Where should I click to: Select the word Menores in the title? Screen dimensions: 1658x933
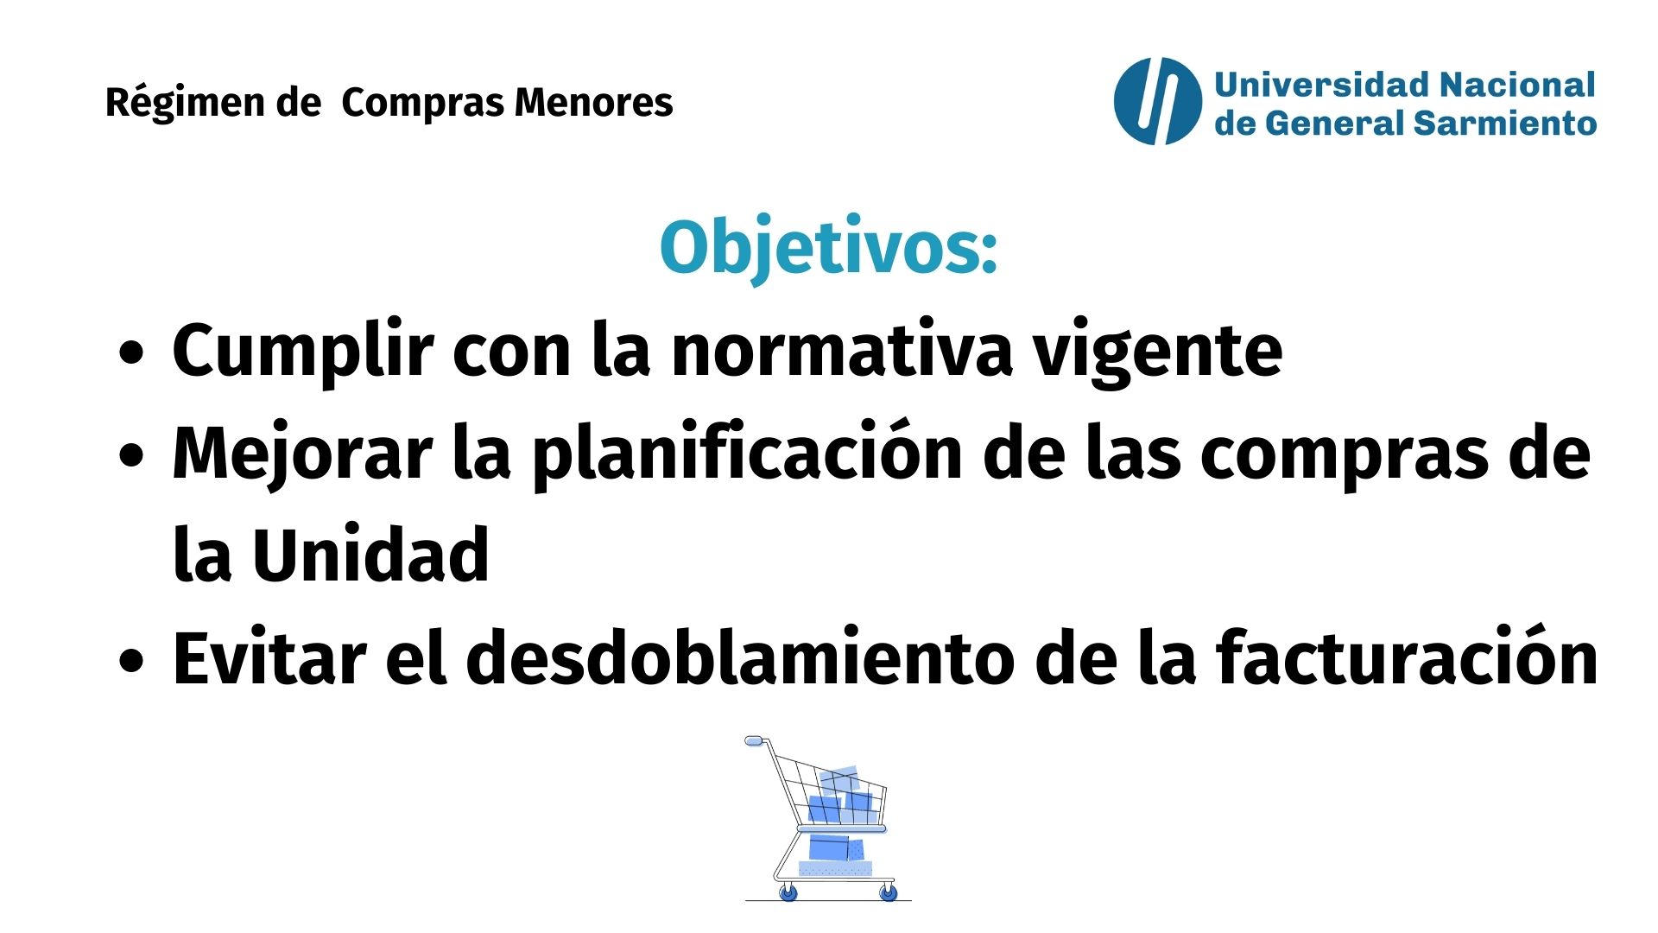pyautogui.click(x=593, y=102)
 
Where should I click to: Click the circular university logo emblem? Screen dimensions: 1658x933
pyautogui.click(x=1157, y=101)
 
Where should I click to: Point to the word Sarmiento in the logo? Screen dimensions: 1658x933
pyautogui.click(x=1505, y=124)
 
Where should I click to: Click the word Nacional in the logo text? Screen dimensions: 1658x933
pyautogui.click(x=1516, y=85)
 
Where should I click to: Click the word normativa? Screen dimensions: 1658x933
pyautogui.click(x=842, y=351)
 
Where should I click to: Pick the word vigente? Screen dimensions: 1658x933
pyautogui.click(x=1158, y=354)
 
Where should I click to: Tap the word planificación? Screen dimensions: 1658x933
pyautogui.click(x=746, y=454)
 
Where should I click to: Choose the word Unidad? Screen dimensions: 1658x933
pyautogui.click(x=370, y=555)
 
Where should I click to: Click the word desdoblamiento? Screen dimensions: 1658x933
pyautogui.click(x=740, y=657)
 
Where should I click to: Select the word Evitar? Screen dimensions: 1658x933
pyautogui.click(x=269, y=657)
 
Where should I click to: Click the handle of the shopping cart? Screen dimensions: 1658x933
pyautogui.click(x=756, y=741)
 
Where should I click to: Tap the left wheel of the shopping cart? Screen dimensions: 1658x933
pyautogui.click(x=788, y=892)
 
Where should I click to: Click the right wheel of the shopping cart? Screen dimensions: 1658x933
pyautogui.click(x=888, y=892)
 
